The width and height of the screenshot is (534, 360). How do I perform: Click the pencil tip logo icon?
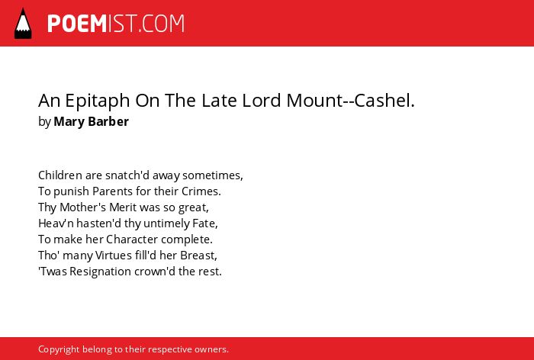[x=23, y=24]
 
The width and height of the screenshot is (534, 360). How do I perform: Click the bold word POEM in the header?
[x=77, y=24]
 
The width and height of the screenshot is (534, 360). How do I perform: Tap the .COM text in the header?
[x=162, y=24]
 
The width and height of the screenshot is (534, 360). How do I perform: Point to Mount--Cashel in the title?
[x=350, y=100]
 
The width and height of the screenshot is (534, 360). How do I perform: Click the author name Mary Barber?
[x=92, y=121]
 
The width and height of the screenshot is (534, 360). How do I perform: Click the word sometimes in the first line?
[x=213, y=175]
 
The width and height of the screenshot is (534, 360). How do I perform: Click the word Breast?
[x=198, y=255]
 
